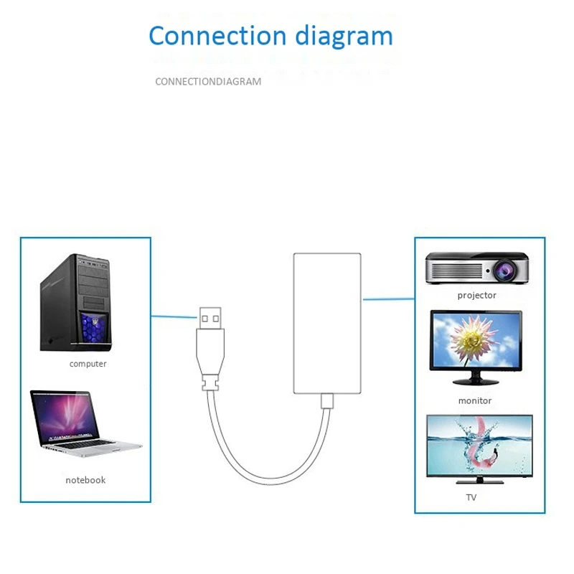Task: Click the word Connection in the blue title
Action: (207, 35)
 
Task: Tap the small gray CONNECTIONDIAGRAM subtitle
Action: (208, 82)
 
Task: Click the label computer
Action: (88, 364)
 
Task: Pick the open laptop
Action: (83, 424)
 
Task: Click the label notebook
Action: (85, 480)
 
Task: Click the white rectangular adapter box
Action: (326, 322)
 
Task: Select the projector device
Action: (474, 268)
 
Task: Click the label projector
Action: (476, 295)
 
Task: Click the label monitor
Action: (475, 400)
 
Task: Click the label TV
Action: (471, 497)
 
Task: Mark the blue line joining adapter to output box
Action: (387, 298)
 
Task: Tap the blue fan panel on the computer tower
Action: (90, 329)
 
